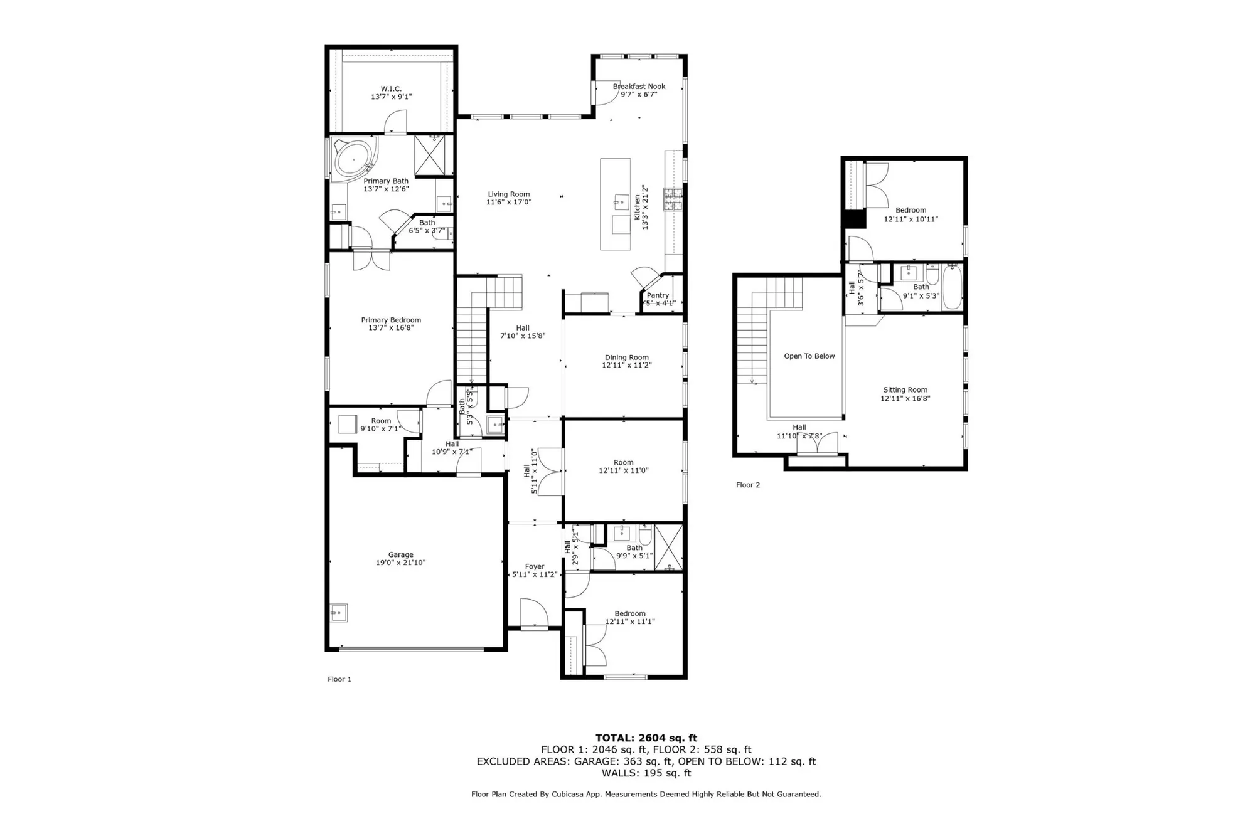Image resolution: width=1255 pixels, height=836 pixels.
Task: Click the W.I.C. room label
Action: tap(391, 89)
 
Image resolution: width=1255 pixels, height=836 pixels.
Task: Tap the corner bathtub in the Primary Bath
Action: tap(351, 158)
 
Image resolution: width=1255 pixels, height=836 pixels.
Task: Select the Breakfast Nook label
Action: tap(639, 87)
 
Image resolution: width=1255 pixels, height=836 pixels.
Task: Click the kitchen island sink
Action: tap(621, 202)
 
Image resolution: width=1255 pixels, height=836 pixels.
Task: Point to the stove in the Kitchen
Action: tap(673, 199)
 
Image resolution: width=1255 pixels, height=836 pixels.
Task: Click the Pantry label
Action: tap(658, 295)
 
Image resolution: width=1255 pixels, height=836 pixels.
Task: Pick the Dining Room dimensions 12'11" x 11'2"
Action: tap(626, 365)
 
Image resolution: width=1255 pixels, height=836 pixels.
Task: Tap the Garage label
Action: tap(400, 554)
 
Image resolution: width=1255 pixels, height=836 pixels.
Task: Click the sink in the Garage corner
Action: tap(339, 613)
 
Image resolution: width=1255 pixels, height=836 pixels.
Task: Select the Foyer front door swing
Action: tap(533, 613)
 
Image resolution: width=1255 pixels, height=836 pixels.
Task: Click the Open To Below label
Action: tap(809, 356)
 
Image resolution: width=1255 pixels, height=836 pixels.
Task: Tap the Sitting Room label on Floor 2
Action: tap(905, 390)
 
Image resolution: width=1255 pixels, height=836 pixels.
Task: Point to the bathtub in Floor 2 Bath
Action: tap(952, 287)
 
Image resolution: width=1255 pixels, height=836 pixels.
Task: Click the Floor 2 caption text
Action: tap(747, 485)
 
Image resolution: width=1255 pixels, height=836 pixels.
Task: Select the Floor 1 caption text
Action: tap(339, 679)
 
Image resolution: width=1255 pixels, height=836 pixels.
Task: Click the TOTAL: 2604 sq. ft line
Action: tap(646, 738)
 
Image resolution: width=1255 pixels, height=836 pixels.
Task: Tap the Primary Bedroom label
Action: tap(391, 320)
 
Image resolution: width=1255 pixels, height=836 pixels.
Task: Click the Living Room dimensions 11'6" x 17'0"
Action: tap(509, 202)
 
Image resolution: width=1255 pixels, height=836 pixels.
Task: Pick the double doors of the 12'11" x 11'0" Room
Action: tap(550, 472)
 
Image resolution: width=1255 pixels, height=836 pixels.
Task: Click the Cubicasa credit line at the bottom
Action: tap(646, 794)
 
